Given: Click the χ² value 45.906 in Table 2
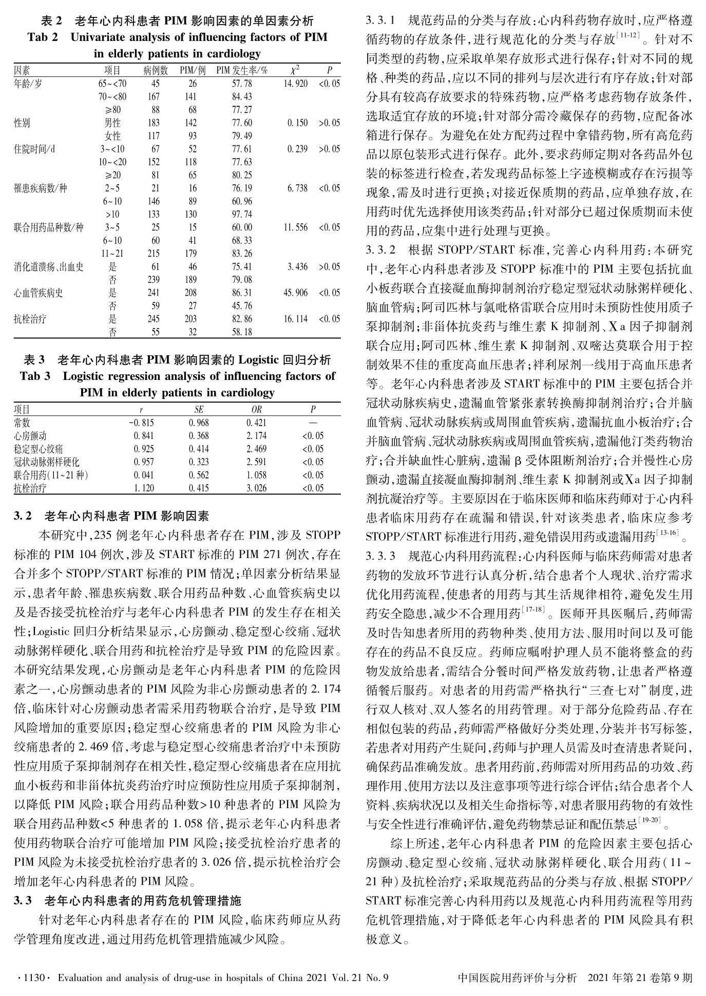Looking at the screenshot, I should pos(295,293).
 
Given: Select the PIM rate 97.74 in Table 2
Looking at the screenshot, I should pos(242,215).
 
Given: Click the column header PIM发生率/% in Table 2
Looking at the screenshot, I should pos(242,70).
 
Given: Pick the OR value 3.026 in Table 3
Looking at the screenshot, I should pos(256,488).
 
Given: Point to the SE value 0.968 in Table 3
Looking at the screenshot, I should pos(199,423).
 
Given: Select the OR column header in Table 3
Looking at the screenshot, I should pos(256,410).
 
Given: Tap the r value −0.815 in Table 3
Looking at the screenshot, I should pos(142,423).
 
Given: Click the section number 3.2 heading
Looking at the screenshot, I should pos(23,515).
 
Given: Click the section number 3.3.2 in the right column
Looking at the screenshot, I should pos(380,251).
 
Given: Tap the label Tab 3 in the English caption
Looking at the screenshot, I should pos(35,376).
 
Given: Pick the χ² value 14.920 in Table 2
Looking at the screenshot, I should pos(295,83).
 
